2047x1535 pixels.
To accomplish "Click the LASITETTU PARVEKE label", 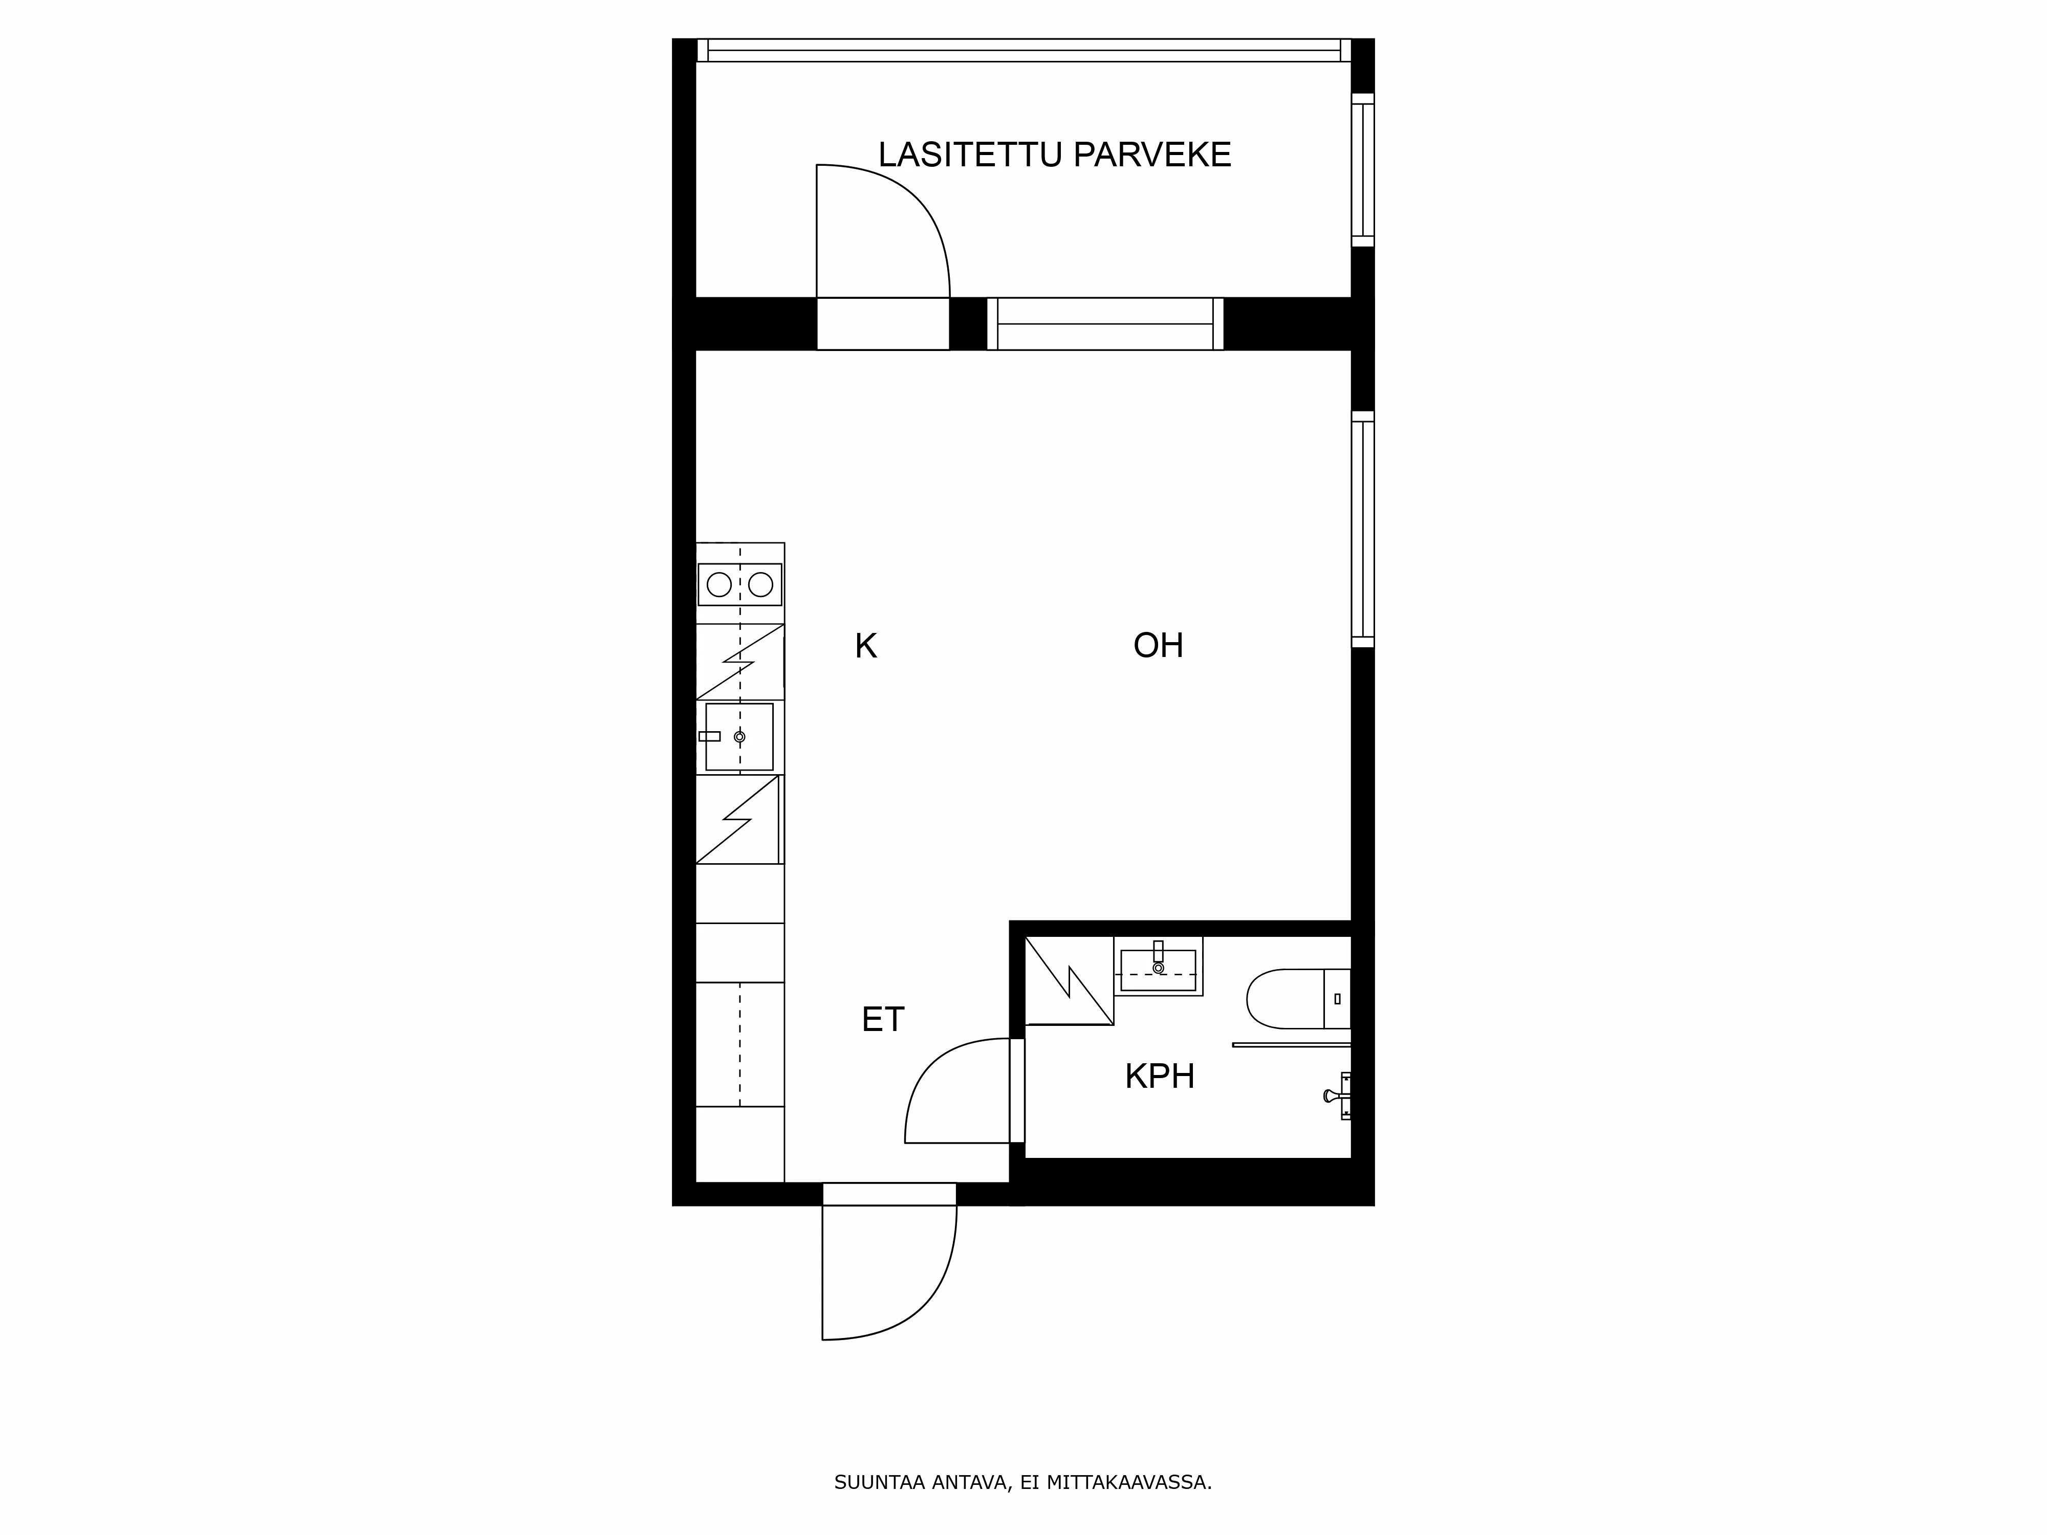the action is (1054, 155).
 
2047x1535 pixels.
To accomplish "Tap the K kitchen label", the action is (865, 646).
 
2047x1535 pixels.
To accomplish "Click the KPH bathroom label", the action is (1160, 1076).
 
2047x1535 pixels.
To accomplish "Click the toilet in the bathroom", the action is (1298, 999).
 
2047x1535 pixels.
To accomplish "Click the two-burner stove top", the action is (739, 584).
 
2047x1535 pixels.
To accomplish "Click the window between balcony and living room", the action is (1105, 324).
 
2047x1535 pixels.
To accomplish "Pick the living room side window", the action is (1362, 529).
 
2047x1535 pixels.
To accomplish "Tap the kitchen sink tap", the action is (710, 736).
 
